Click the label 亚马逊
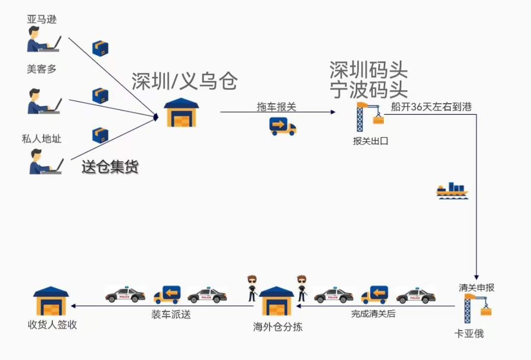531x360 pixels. (41, 20)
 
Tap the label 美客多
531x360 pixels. (41, 68)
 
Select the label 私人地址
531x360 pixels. (41, 139)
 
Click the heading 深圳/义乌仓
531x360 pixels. (184, 81)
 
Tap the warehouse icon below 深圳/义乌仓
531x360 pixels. (181, 113)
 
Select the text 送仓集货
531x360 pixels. (110, 167)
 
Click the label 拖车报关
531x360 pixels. (276, 107)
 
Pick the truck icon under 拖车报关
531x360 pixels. (283, 126)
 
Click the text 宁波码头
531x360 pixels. (369, 90)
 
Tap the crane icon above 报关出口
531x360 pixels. (369, 117)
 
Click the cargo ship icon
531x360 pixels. (452, 190)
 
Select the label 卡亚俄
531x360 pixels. (469, 334)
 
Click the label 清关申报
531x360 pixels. (476, 287)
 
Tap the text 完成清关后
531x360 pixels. (373, 313)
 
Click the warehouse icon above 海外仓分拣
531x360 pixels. (276, 301)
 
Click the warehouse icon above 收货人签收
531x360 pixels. (51, 301)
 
